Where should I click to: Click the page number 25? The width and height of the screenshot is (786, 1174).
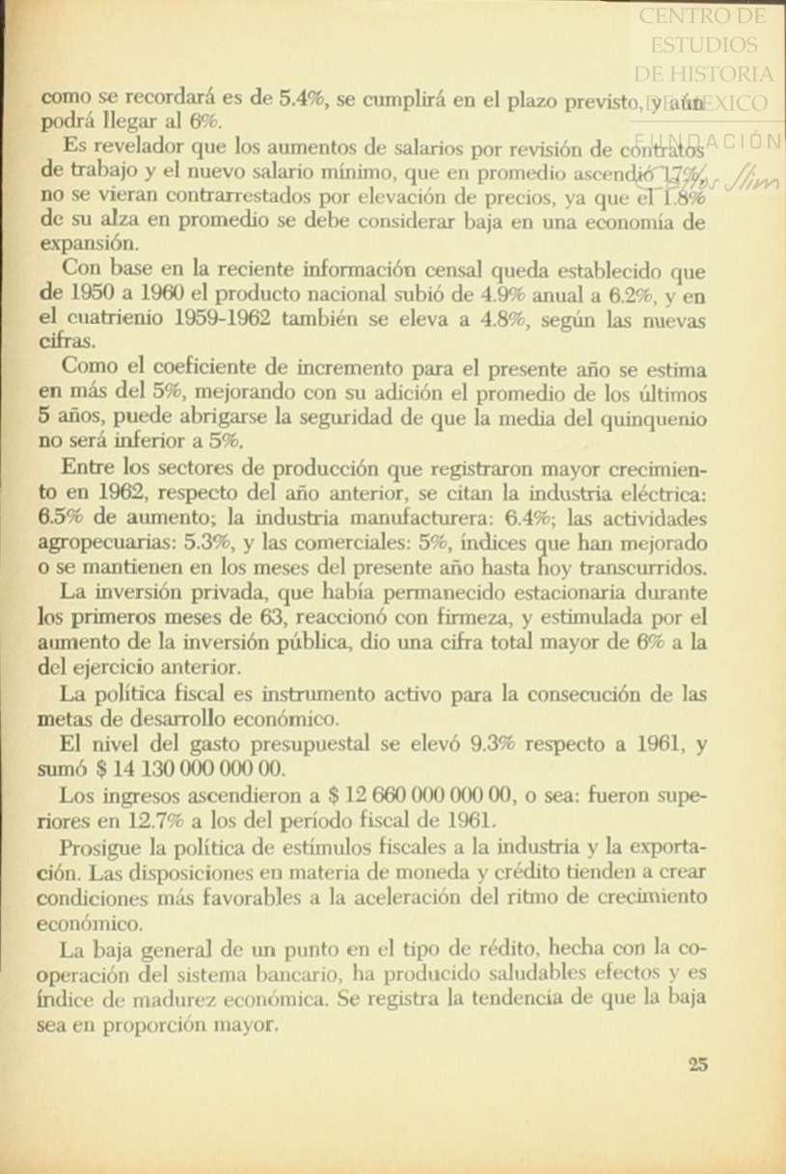699,1064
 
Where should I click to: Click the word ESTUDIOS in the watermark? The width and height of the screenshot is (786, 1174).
704,45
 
